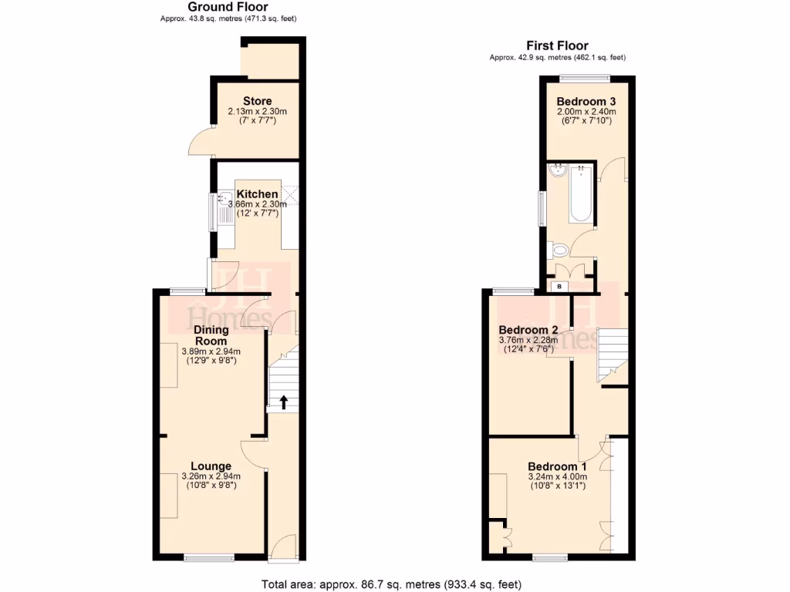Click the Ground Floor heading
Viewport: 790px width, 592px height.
click(x=228, y=7)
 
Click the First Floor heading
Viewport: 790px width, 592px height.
click(x=557, y=46)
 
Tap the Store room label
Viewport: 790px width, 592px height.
click(x=257, y=101)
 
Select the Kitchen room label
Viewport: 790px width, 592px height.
click(x=257, y=193)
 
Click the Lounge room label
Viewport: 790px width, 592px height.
click(x=211, y=466)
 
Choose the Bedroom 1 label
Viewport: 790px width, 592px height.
click(x=557, y=466)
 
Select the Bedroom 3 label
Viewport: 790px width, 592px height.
click(x=586, y=101)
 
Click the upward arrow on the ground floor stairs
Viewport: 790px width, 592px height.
click(x=283, y=402)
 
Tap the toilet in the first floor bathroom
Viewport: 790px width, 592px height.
click(x=559, y=249)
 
